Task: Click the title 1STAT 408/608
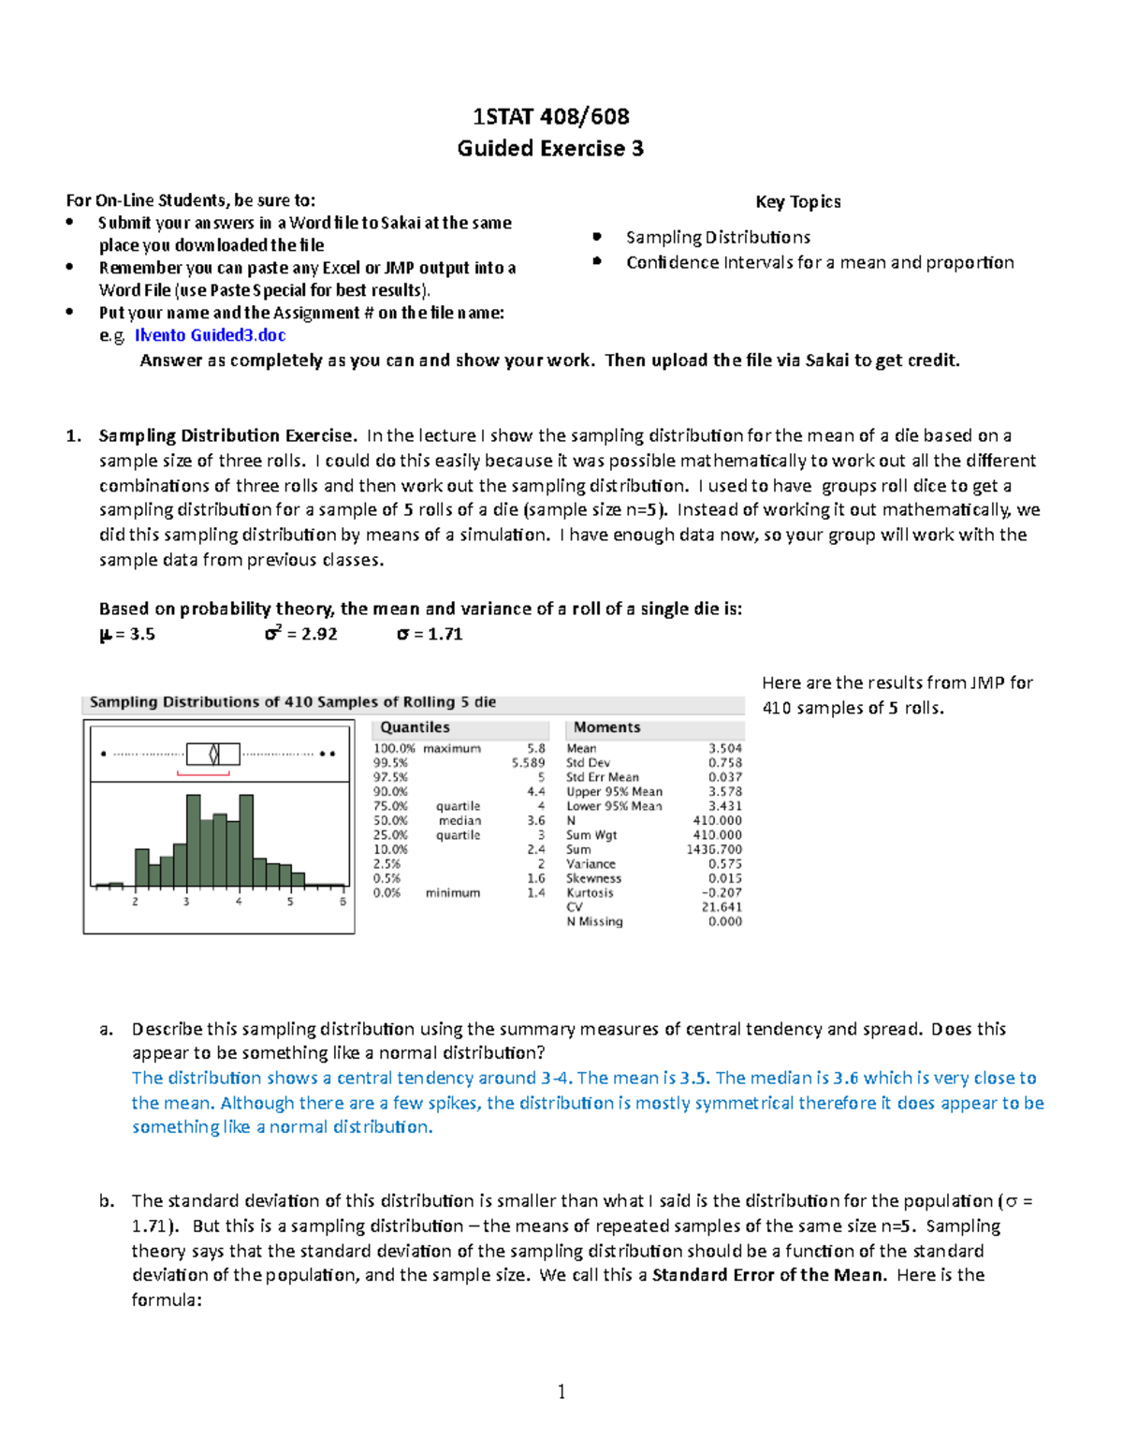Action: (550, 117)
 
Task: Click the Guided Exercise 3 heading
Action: (550, 149)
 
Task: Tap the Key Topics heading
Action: (797, 202)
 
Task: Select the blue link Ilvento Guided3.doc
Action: (210, 335)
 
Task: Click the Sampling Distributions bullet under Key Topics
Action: (718, 238)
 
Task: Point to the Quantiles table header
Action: (415, 727)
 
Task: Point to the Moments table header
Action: (606, 727)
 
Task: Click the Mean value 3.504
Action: (724, 749)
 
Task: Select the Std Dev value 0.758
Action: (724, 763)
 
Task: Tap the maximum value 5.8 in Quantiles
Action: (535, 749)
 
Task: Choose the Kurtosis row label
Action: (590, 893)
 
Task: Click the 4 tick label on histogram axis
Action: (239, 902)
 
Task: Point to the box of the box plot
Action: (213, 754)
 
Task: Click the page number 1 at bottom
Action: (561, 1392)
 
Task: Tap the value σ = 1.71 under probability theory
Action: (430, 635)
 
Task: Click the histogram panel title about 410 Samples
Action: (293, 703)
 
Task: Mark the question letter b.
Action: (107, 1201)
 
